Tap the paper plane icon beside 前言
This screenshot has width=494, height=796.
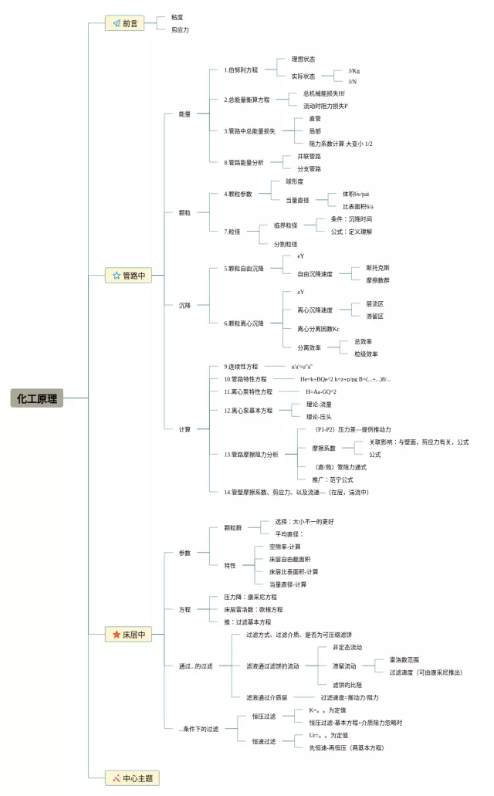point(116,23)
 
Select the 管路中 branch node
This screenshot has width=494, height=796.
point(128,275)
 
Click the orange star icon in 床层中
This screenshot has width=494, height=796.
point(116,635)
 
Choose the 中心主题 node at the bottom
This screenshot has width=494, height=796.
point(132,778)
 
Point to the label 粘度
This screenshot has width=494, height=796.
point(178,16)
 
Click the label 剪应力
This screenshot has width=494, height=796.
point(180,29)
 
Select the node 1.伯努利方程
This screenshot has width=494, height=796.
point(241,69)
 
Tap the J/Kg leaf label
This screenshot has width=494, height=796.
point(354,70)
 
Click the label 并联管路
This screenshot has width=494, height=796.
point(309,156)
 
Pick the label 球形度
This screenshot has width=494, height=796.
point(294,181)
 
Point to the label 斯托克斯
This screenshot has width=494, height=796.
point(377,268)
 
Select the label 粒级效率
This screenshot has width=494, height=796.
point(366,354)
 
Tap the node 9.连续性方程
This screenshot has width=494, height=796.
point(241,366)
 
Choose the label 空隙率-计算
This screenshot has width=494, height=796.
point(285,547)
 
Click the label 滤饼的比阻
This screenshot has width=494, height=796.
point(347,684)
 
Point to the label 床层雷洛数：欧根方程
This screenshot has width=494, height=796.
point(252,609)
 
